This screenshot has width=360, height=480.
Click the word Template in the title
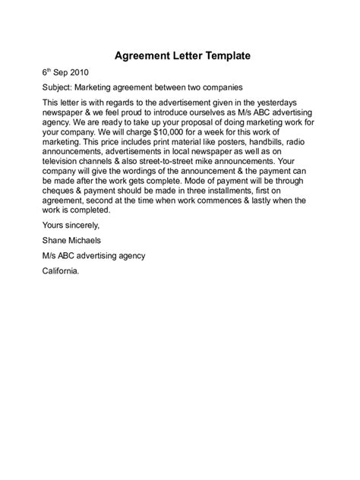(x=218, y=56)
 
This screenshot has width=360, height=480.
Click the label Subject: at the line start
(x=58, y=88)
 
